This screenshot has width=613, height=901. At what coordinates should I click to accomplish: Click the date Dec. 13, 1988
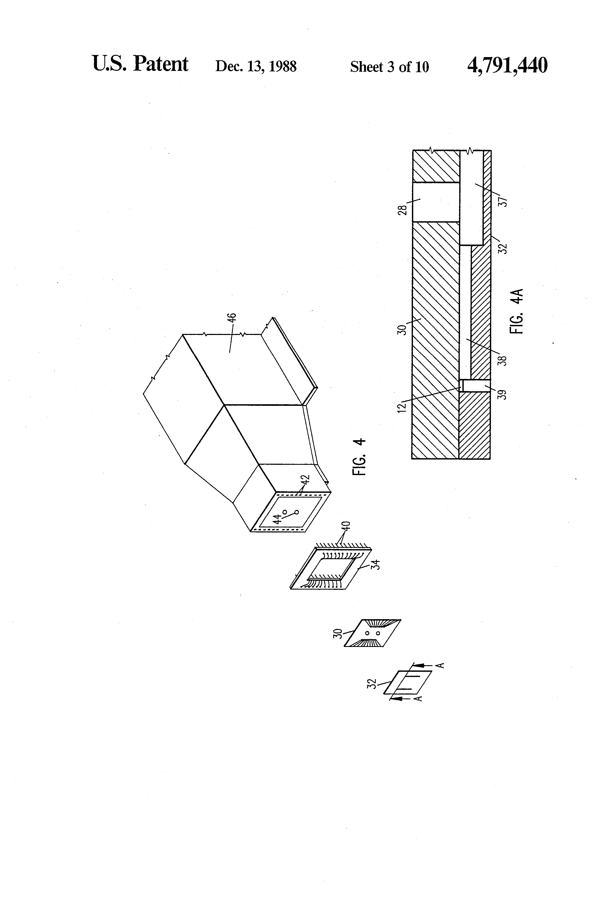click(256, 66)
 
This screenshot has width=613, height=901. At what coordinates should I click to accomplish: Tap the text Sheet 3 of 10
click(389, 67)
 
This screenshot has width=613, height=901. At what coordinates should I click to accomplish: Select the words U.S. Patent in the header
click(140, 64)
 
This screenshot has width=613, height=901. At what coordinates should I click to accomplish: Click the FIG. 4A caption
click(517, 311)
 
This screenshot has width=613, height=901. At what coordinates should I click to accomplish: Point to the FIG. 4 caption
click(359, 457)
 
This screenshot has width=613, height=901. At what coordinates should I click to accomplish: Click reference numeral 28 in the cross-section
click(403, 210)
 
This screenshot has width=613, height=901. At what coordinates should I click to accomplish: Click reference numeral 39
click(502, 395)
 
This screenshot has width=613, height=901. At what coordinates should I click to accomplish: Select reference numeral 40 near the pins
click(347, 526)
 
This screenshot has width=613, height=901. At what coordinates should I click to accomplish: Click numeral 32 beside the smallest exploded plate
click(371, 684)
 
